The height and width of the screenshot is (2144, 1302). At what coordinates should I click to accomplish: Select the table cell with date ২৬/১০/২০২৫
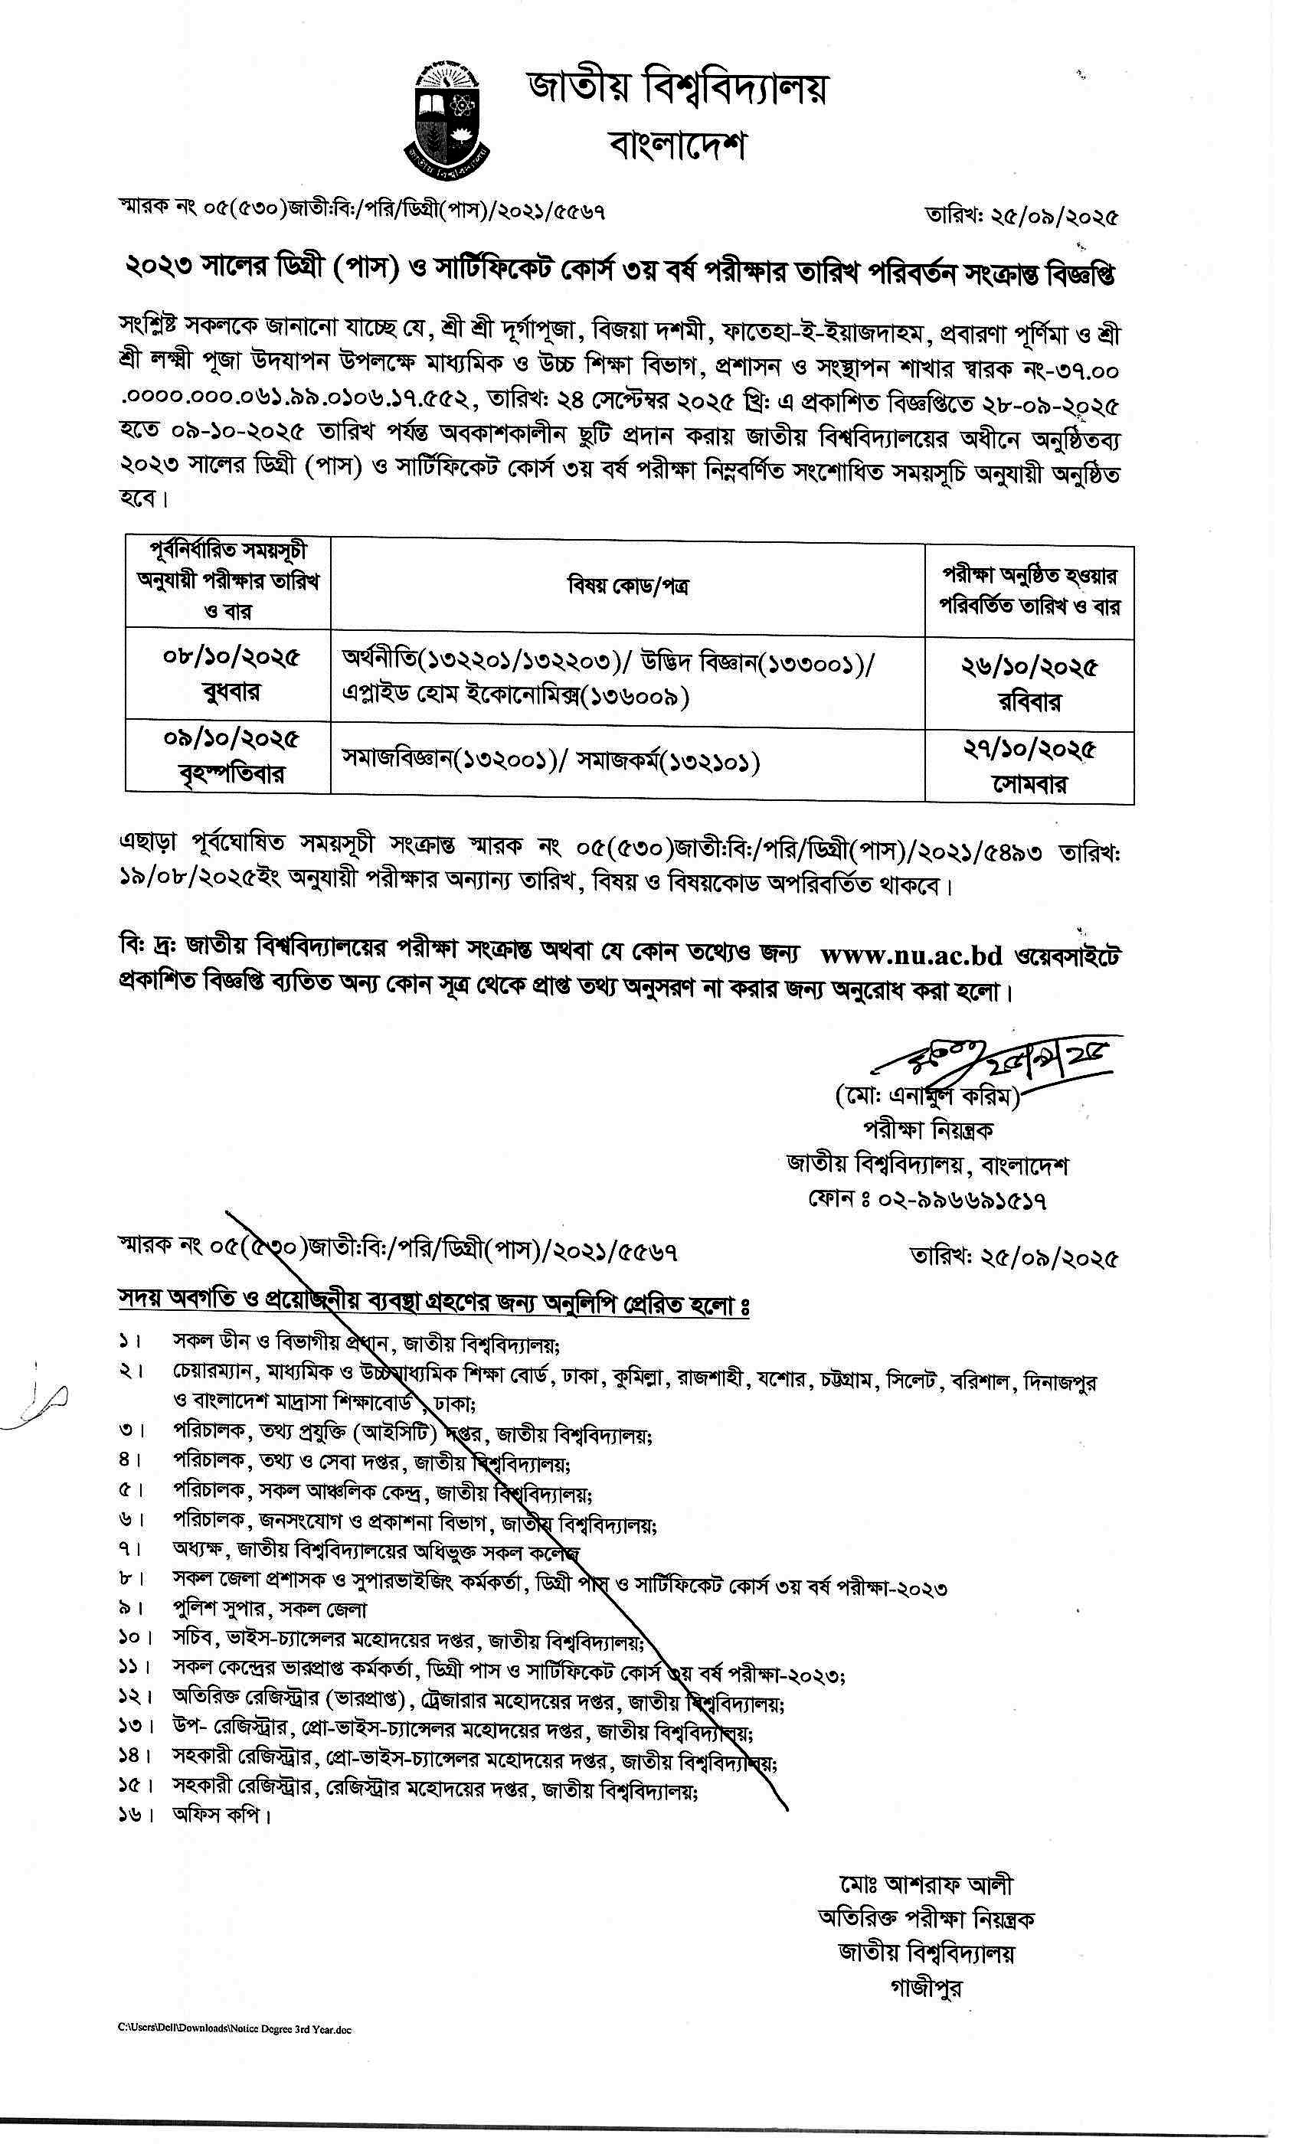(1029, 682)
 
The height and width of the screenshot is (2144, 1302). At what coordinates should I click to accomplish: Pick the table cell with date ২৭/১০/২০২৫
(1029, 766)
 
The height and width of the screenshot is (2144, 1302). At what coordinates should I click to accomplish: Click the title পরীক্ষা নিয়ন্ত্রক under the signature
(927, 1130)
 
